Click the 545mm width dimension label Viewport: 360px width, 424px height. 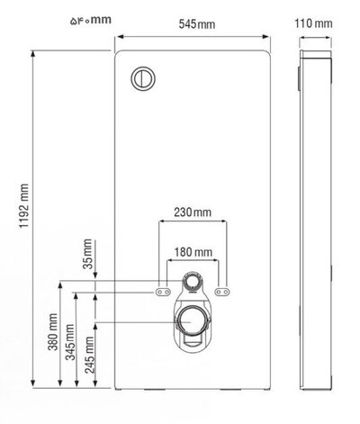[x=197, y=24]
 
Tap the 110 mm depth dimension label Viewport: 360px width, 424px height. [x=313, y=23]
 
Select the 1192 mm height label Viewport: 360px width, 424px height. [x=24, y=206]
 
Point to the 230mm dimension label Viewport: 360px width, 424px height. [x=193, y=212]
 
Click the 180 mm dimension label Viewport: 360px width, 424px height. [x=193, y=252]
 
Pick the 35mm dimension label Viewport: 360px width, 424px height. [x=87, y=254]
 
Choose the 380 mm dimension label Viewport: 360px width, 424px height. [x=53, y=332]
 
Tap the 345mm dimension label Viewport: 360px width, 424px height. [x=70, y=342]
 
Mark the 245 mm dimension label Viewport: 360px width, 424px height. [x=90, y=355]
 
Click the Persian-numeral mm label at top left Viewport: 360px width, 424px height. [x=91, y=20]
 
